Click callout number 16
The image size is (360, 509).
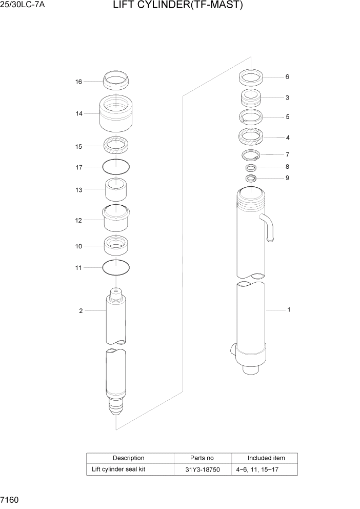[78, 82]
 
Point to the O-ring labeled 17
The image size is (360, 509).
[116, 166]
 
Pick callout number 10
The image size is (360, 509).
[78, 247]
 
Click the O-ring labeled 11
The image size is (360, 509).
[116, 267]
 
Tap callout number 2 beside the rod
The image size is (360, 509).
[81, 311]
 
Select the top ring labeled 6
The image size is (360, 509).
[251, 77]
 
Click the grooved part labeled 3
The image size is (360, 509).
[251, 97]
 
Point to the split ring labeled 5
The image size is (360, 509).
[251, 117]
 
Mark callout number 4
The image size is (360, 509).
[288, 138]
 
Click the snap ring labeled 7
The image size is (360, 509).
[251, 155]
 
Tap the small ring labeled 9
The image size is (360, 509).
[251, 178]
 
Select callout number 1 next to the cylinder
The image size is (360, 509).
[289, 310]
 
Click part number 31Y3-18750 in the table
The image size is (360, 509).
[203, 469]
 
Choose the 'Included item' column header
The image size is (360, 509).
[266, 458]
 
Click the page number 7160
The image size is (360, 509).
[10, 499]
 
